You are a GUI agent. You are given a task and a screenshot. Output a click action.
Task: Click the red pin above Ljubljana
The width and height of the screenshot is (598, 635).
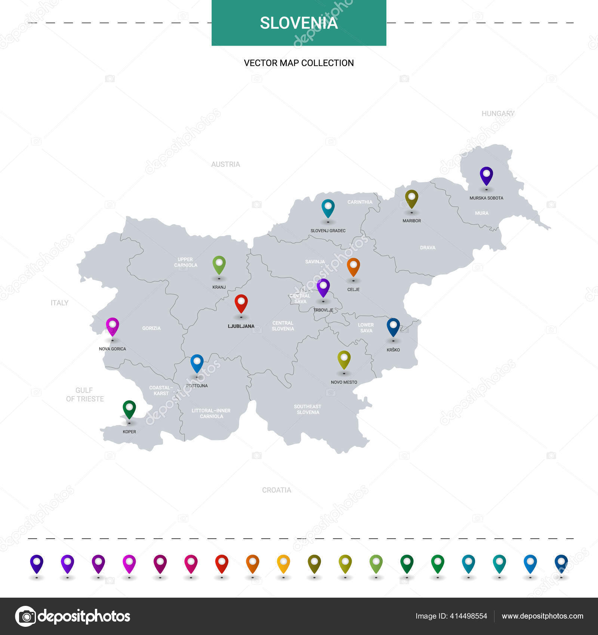click(x=241, y=303)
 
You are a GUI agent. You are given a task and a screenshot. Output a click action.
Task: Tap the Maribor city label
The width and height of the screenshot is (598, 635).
click(x=411, y=221)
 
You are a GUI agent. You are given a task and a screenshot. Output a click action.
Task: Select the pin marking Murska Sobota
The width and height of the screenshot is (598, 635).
click(x=486, y=175)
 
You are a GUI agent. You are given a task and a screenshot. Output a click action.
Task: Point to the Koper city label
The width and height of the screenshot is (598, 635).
click(x=129, y=431)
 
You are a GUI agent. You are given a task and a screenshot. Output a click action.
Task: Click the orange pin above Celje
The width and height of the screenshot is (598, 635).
click(x=353, y=267)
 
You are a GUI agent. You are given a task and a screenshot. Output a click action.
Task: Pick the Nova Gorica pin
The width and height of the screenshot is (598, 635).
click(x=112, y=326)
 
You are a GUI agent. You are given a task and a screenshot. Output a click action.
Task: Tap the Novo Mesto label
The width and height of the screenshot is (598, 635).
click(x=344, y=382)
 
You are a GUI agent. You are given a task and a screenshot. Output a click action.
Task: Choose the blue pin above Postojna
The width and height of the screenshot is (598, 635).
click(x=197, y=363)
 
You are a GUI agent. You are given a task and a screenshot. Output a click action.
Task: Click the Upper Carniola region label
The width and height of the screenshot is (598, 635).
click(x=185, y=262)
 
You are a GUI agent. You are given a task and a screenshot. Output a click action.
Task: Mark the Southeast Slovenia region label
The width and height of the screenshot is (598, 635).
click(x=308, y=409)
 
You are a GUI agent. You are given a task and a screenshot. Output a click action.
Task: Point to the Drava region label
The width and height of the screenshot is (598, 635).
click(x=428, y=248)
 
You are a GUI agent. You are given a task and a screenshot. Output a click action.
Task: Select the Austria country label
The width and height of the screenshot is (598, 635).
click(x=225, y=164)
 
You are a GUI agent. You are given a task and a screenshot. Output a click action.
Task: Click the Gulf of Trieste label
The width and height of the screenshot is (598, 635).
click(x=85, y=394)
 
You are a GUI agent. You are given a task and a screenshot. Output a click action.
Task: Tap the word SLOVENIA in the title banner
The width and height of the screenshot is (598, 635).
click(x=299, y=23)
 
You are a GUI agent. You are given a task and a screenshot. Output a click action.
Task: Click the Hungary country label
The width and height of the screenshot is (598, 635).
click(x=498, y=114)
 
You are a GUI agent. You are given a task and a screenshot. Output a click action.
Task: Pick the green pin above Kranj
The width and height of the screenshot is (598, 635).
click(x=219, y=264)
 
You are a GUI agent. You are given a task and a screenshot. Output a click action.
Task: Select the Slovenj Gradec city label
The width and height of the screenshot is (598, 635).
click(x=328, y=231)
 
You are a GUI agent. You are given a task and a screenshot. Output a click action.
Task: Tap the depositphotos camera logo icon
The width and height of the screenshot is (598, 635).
click(x=26, y=616)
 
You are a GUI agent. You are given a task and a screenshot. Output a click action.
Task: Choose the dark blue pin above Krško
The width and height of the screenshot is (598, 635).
click(x=393, y=327)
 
